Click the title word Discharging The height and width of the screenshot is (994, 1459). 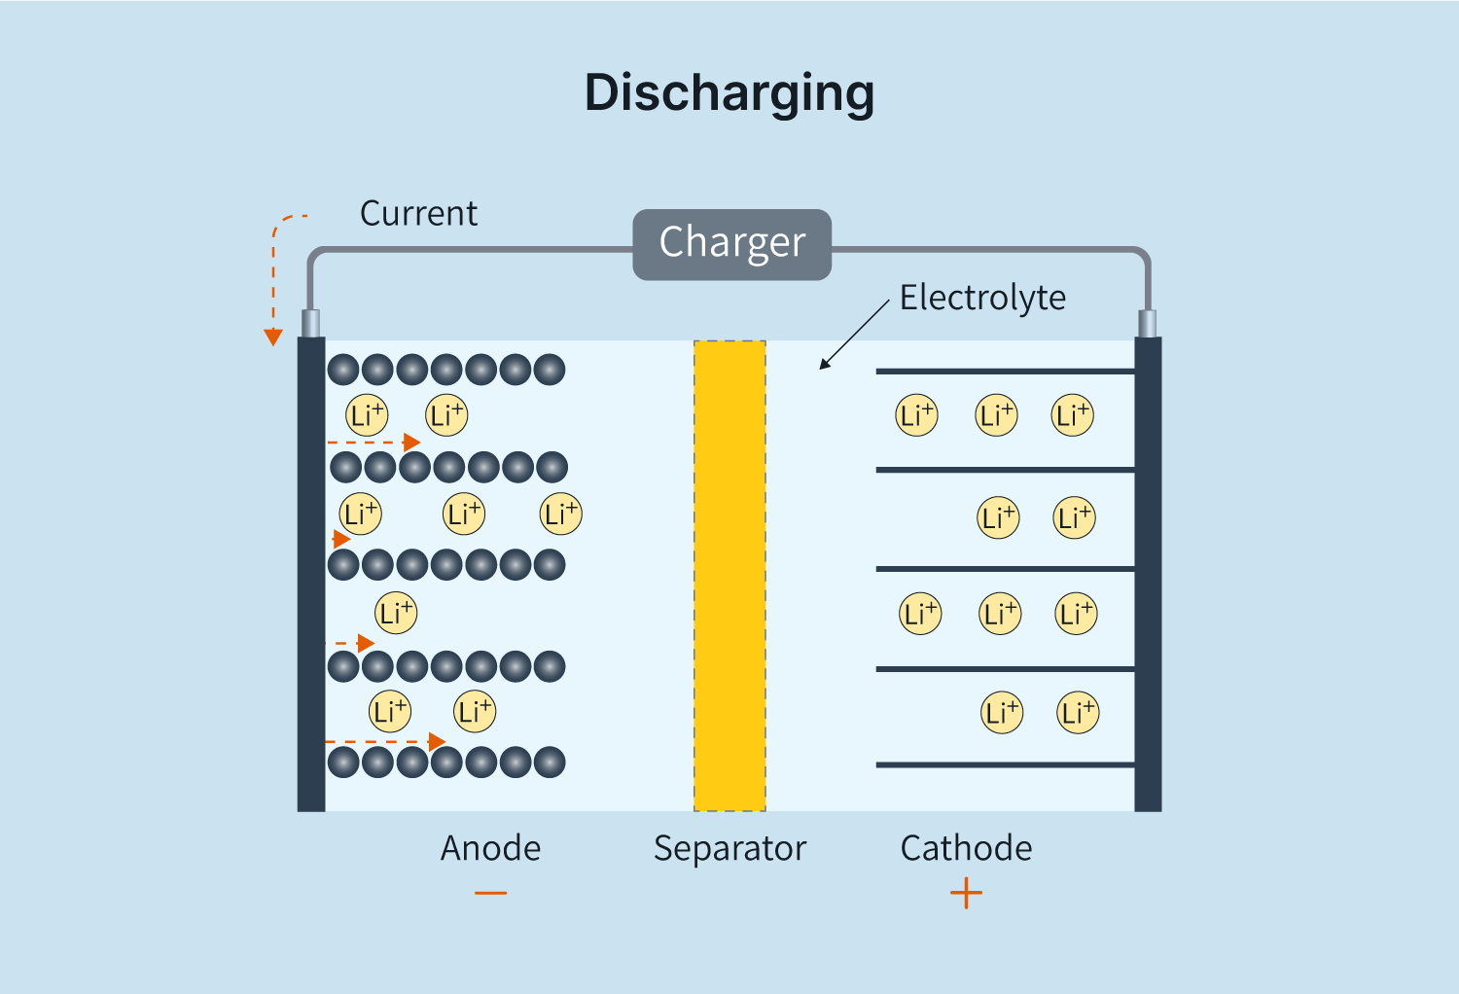729,94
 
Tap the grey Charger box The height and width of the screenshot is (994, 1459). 731,244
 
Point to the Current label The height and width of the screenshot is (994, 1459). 418,214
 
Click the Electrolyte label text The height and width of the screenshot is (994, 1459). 982,298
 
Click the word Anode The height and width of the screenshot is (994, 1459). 490,848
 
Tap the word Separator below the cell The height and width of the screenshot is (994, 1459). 729,848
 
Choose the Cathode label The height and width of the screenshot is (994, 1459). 966,848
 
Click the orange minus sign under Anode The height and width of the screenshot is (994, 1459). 490,893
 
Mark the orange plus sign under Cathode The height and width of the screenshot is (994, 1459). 966,893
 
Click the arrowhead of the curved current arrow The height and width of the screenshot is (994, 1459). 273,337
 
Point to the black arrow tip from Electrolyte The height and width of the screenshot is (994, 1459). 823,366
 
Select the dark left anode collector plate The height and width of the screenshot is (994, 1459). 311,574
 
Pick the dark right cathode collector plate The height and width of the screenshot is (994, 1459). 1148,574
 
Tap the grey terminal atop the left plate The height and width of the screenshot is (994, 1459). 311,324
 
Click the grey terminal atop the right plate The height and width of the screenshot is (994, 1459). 1148,324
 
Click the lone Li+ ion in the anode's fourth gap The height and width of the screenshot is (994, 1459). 396,613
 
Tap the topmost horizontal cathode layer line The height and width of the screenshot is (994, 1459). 1005,372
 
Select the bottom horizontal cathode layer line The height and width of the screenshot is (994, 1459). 1005,765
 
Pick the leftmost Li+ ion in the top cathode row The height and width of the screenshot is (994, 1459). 916,415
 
